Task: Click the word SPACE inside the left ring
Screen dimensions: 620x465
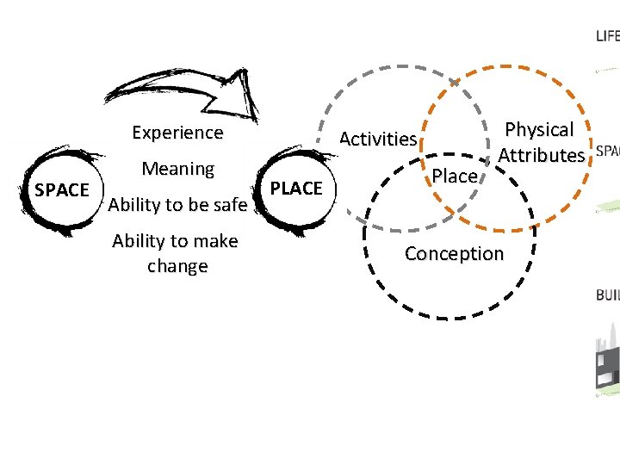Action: pos(61,189)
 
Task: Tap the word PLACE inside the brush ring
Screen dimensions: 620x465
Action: pos(296,188)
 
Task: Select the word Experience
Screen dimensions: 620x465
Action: pos(177,133)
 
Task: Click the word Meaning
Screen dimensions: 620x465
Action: pos(178,169)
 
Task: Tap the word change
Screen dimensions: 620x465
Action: pos(177,266)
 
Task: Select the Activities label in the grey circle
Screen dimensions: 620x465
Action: pos(378,139)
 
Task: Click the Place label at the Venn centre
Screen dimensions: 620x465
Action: pos(455,177)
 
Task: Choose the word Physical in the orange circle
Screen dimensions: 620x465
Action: pos(539,130)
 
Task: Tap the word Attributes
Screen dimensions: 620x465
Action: pos(541,156)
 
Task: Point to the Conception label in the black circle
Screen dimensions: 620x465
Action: pos(454,254)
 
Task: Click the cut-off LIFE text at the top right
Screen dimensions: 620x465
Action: pos(607,36)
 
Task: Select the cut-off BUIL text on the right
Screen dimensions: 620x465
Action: pos(607,295)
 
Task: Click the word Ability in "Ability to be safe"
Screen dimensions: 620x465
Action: pos(134,205)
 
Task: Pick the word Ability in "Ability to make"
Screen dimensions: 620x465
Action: pos(138,241)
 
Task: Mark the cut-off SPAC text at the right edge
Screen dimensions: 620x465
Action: pos(607,151)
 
